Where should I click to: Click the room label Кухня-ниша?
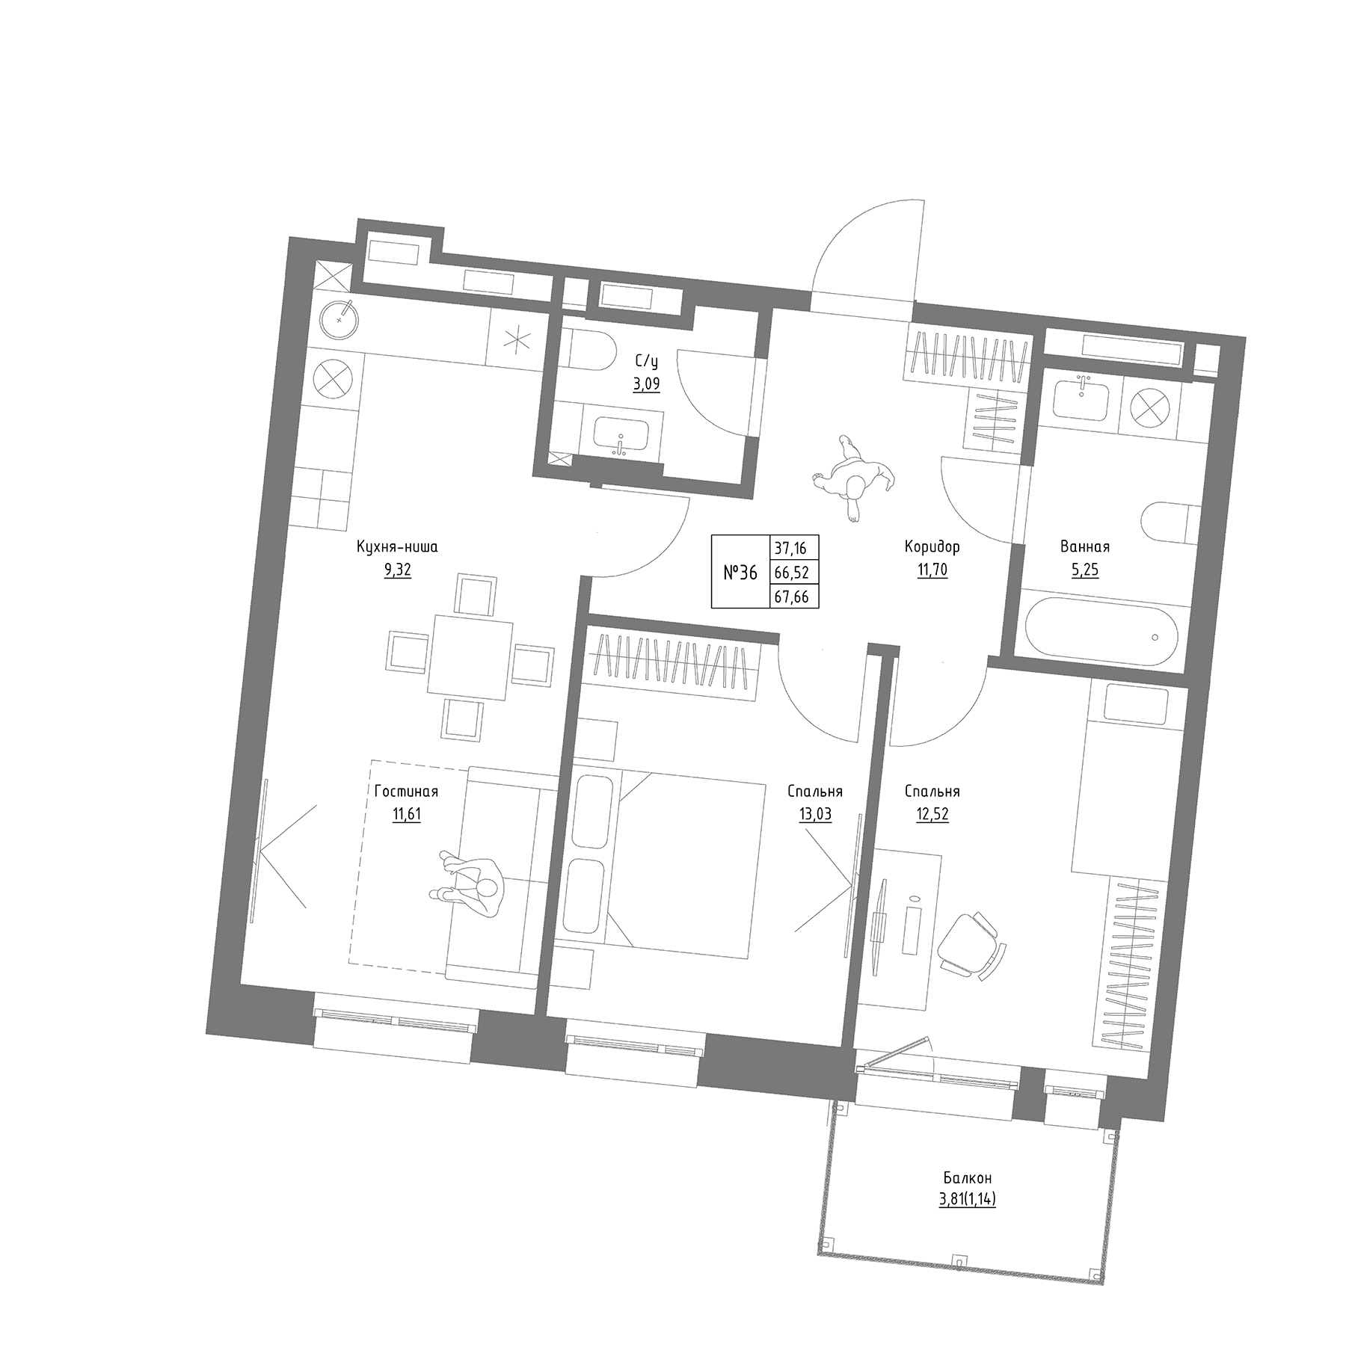pyautogui.click(x=397, y=547)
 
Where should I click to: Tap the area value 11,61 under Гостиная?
pyautogui.click(x=407, y=814)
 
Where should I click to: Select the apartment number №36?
pyautogui.click(x=740, y=573)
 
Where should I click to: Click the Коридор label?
pyautogui.click(x=932, y=547)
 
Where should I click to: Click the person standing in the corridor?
pyautogui.click(x=852, y=476)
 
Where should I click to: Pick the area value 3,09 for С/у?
pyautogui.click(x=647, y=386)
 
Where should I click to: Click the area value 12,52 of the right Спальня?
pyautogui.click(x=932, y=814)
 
